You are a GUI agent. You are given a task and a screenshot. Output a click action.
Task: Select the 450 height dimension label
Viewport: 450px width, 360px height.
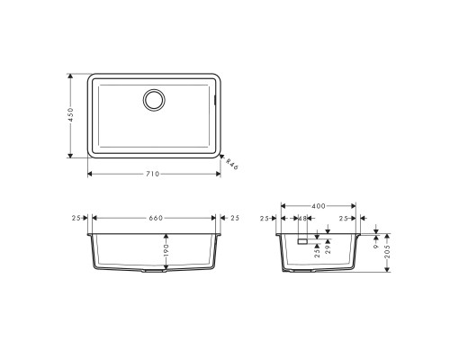pos(71,116)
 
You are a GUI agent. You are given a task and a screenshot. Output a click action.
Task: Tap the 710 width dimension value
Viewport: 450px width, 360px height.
pos(154,173)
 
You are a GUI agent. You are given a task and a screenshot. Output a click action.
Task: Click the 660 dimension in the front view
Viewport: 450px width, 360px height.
pos(154,218)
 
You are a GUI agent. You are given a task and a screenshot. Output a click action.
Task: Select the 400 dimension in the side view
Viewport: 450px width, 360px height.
pos(319,206)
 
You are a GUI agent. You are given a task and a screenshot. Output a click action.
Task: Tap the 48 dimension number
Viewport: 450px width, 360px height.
pos(301,219)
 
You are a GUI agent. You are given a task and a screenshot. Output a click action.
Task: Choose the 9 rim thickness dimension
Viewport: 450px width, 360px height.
pos(375,240)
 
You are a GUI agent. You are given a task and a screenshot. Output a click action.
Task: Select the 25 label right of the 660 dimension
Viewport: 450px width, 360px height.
pos(234,218)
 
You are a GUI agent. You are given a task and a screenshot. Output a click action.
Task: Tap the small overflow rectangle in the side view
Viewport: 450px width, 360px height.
pos(302,241)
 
